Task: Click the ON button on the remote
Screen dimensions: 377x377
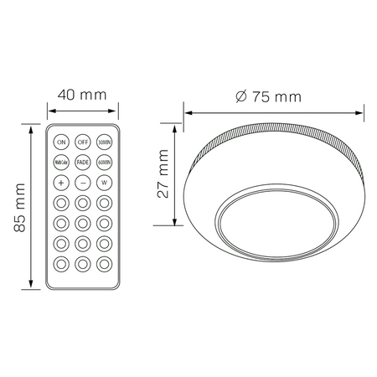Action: [62, 141]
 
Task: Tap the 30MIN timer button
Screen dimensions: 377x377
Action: [105, 141]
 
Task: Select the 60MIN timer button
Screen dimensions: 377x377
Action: [105, 162]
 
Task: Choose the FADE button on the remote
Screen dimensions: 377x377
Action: [83, 162]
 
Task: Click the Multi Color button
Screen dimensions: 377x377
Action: [62, 162]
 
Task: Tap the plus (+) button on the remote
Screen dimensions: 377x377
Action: [62, 182]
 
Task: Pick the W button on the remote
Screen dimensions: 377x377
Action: [105, 182]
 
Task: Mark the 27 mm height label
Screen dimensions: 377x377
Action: [164, 174]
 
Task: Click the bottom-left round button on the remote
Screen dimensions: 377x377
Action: [62, 263]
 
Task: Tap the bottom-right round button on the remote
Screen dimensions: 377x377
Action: [105, 263]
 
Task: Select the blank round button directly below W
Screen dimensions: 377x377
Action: [105, 202]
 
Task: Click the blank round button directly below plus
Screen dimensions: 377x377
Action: [62, 202]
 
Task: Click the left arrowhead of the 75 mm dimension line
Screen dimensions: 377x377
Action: [188, 112]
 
